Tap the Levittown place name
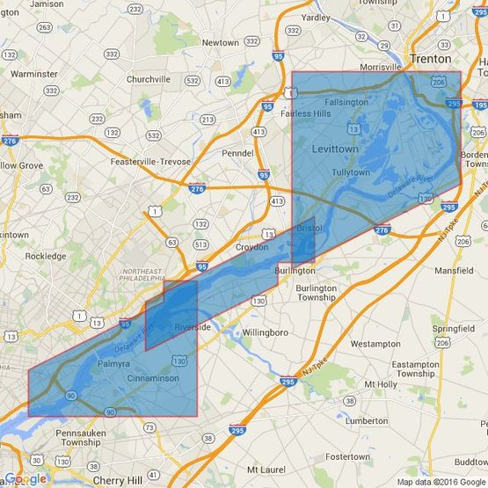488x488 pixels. click(335, 149)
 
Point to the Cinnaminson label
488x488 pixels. click(152, 378)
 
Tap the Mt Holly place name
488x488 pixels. click(381, 384)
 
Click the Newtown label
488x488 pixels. click(220, 42)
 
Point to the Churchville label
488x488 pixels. click(147, 79)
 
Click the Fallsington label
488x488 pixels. click(346, 102)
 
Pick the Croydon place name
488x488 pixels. click(251, 247)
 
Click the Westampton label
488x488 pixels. click(375, 344)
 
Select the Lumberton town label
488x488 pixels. click(367, 421)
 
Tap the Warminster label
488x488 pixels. click(34, 74)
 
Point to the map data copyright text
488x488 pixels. click(441, 482)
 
